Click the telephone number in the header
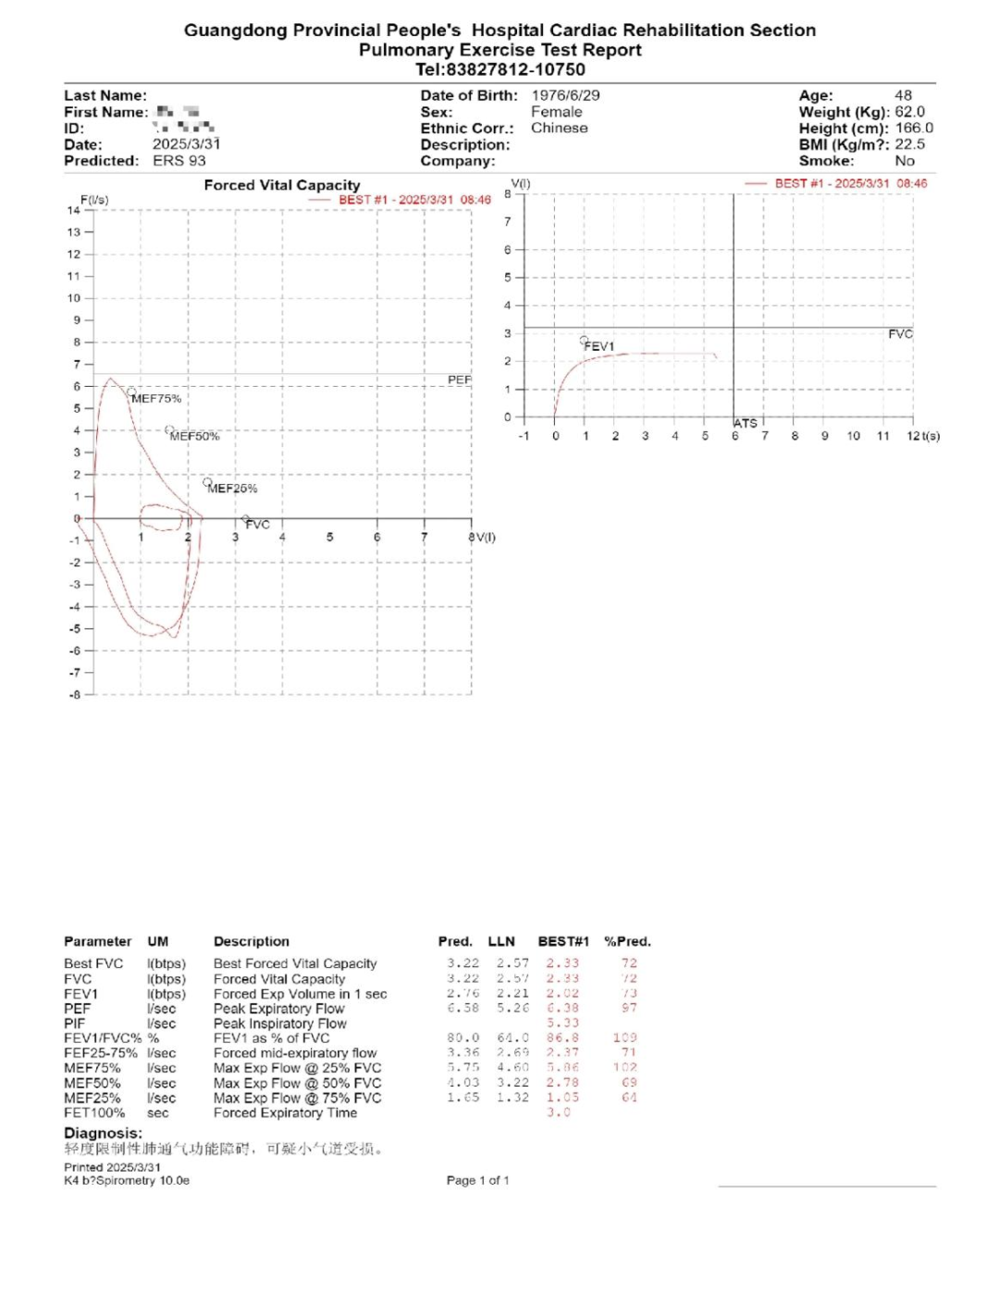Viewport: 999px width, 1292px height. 500,69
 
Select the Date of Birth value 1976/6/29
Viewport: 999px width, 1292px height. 565,95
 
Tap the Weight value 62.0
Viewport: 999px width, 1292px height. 909,112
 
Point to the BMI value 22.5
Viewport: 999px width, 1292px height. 909,144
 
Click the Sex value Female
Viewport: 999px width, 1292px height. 556,112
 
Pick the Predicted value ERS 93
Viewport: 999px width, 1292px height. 179,161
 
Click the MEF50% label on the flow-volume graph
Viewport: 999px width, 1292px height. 195,436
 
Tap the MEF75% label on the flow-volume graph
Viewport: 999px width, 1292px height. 156,399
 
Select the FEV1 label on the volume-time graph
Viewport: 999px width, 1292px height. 598,346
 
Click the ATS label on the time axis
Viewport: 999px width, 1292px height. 746,423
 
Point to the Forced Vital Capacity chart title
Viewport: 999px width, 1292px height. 282,185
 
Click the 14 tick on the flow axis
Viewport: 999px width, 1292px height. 73,210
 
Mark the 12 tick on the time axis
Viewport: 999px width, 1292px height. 913,436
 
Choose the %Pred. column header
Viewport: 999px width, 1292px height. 627,941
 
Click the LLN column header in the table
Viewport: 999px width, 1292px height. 501,941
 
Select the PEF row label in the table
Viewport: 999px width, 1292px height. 78,1009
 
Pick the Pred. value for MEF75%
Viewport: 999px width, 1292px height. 463,1068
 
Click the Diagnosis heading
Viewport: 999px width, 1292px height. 103,1134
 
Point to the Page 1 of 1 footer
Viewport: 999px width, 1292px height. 477,1180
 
